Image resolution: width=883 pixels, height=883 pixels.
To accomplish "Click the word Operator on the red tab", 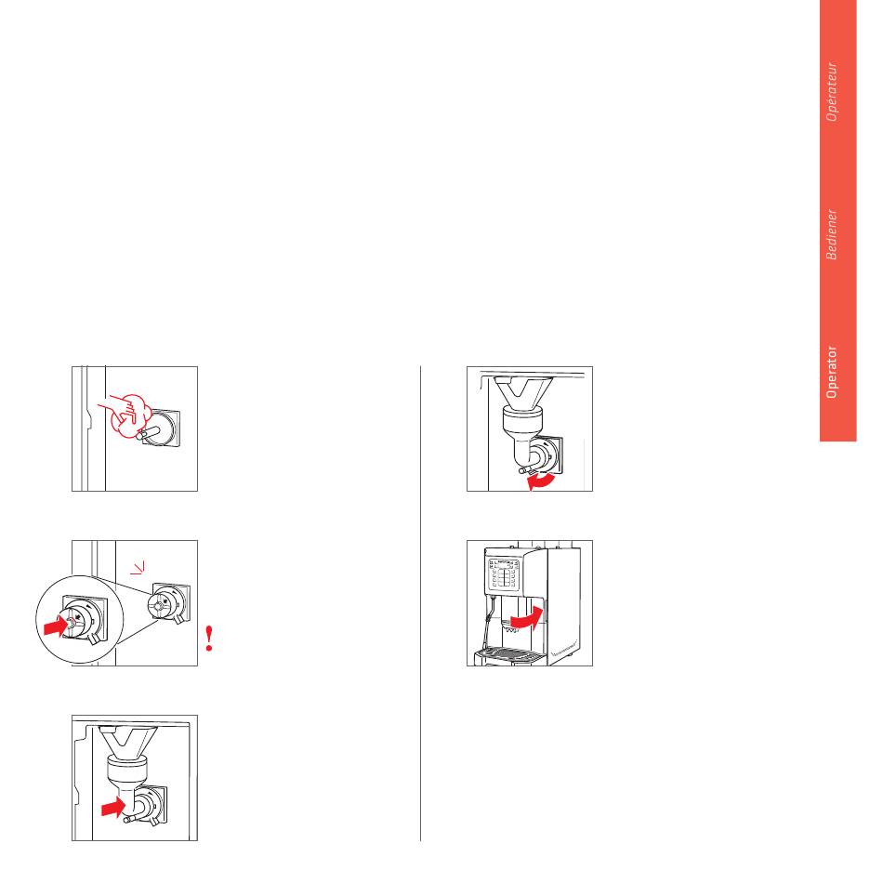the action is [x=831, y=372].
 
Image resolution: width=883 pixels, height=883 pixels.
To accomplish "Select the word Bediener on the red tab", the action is [x=831, y=234].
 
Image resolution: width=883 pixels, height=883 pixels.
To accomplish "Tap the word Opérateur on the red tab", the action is [x=831, y=91].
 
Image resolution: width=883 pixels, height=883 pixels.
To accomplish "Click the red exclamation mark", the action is [x=209, y=639].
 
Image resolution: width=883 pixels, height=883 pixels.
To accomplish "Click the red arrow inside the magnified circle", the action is [x=56, y=626].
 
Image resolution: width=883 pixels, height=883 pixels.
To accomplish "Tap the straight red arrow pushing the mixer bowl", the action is [x=113, y=808].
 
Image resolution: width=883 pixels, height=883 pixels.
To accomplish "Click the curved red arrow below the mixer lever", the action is [x=541, y=481].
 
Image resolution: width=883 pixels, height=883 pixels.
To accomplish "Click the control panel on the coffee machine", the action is [x=504, y=574].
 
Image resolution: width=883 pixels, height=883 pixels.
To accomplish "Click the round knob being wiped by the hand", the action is [x=161, y=428].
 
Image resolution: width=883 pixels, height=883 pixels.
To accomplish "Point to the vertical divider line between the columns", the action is [x=421, y=603].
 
